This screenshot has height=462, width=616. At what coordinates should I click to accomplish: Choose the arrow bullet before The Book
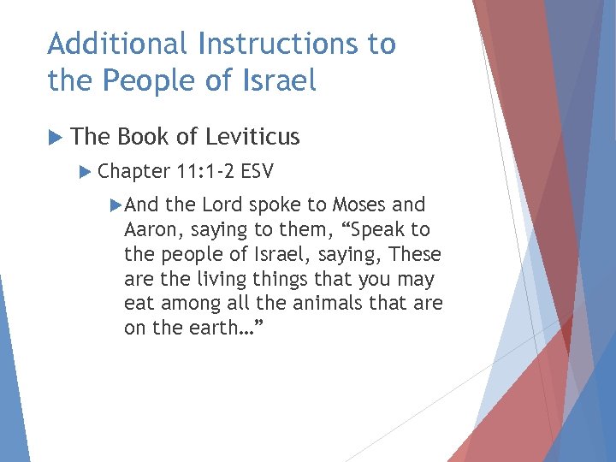coord(56,136)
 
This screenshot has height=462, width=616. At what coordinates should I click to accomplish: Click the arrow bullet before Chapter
coord(84,171)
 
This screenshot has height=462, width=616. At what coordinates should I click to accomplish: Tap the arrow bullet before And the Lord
coord(117,205)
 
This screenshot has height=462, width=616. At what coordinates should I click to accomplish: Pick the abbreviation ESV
coord(258,171)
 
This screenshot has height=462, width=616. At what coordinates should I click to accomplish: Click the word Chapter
coord(134,171)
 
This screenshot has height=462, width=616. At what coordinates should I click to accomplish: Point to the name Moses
coord(359,205)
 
